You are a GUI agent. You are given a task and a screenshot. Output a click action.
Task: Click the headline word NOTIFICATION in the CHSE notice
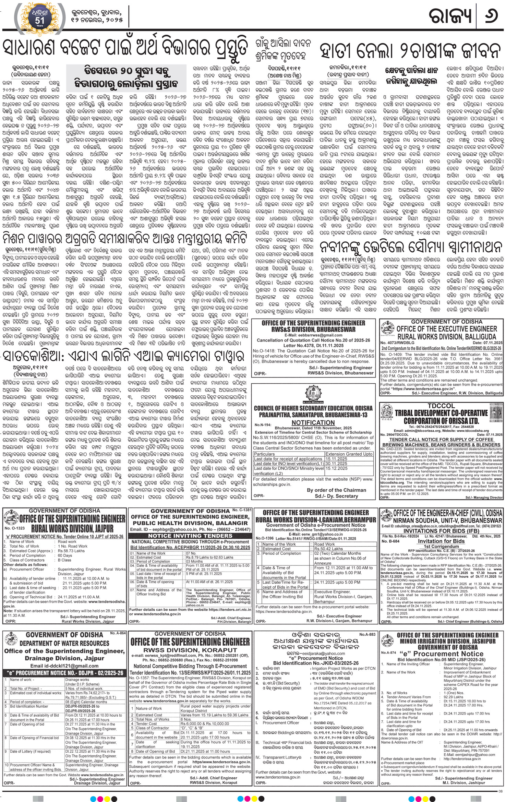[x=313, y=423]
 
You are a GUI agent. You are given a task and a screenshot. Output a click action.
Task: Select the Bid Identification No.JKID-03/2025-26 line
[x=313, y=663]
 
